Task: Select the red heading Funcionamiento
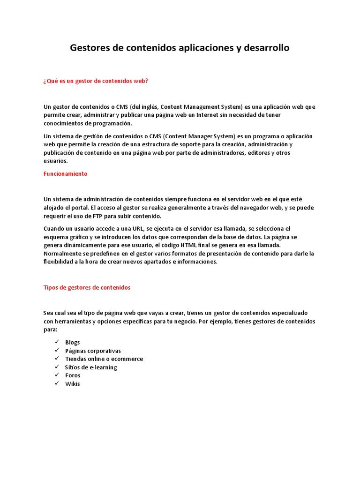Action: point(65,173)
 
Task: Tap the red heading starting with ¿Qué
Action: point(96,81)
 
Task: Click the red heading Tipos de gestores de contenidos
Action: point(87,287)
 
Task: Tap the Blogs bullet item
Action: point(73,342)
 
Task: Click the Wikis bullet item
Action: point(73,383)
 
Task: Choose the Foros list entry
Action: point(73,375)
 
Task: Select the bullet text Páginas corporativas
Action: point(93,351)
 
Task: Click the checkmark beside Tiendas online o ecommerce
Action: point(57,359)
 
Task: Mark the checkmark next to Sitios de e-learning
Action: point(57,367)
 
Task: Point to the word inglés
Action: point(135,107)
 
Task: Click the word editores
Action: point(260,153)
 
